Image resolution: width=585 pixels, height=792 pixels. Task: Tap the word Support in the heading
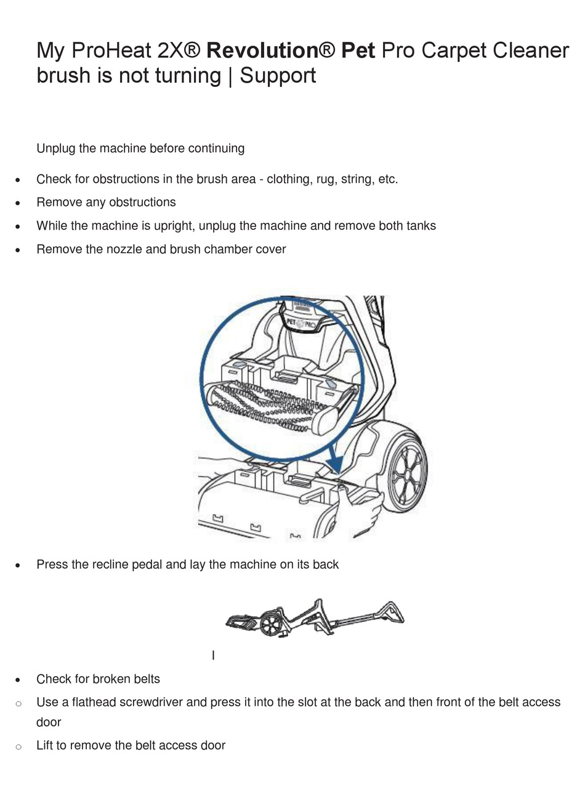(278, 76)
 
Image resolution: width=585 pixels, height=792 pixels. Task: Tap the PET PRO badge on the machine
(301, 322)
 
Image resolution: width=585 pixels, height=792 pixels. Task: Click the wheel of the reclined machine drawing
(270, 624)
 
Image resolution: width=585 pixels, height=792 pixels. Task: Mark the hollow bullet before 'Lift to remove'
(18, 747)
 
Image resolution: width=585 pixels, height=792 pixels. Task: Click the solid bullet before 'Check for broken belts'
(18, 680)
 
